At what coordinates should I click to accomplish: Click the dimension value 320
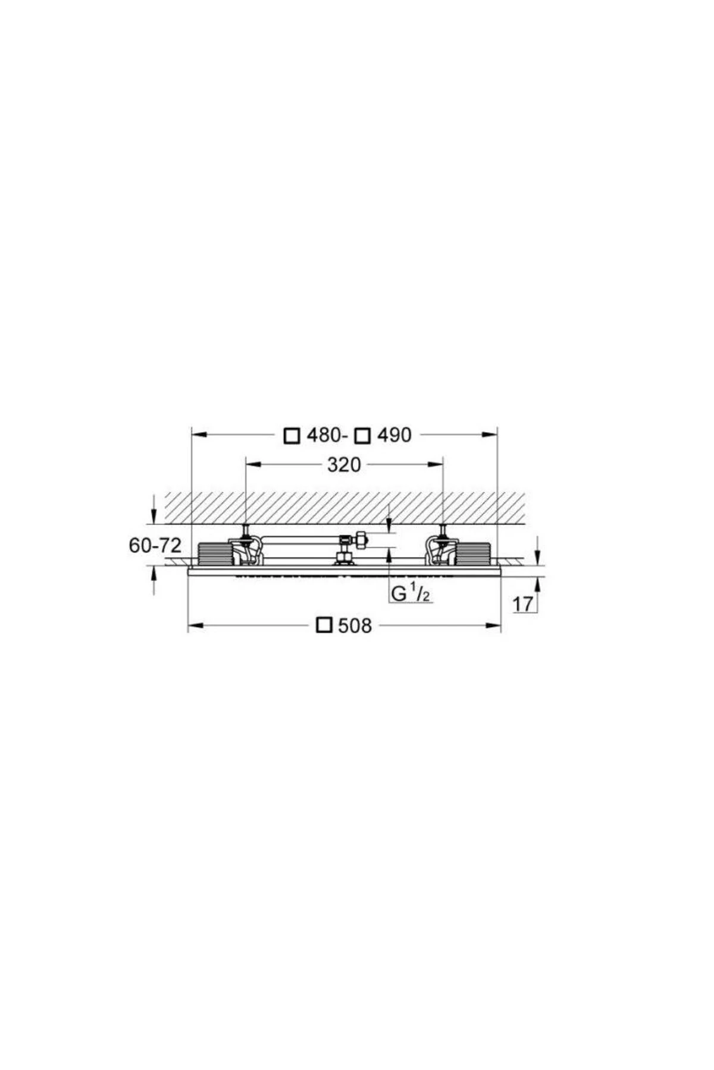(344, 465)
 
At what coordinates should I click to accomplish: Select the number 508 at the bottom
(355, 625)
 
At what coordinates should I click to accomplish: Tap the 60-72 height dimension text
(155, 545)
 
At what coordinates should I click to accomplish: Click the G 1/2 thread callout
(411, 593)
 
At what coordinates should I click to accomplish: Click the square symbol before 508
(324, 625)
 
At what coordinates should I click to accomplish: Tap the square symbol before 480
(292, 436)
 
